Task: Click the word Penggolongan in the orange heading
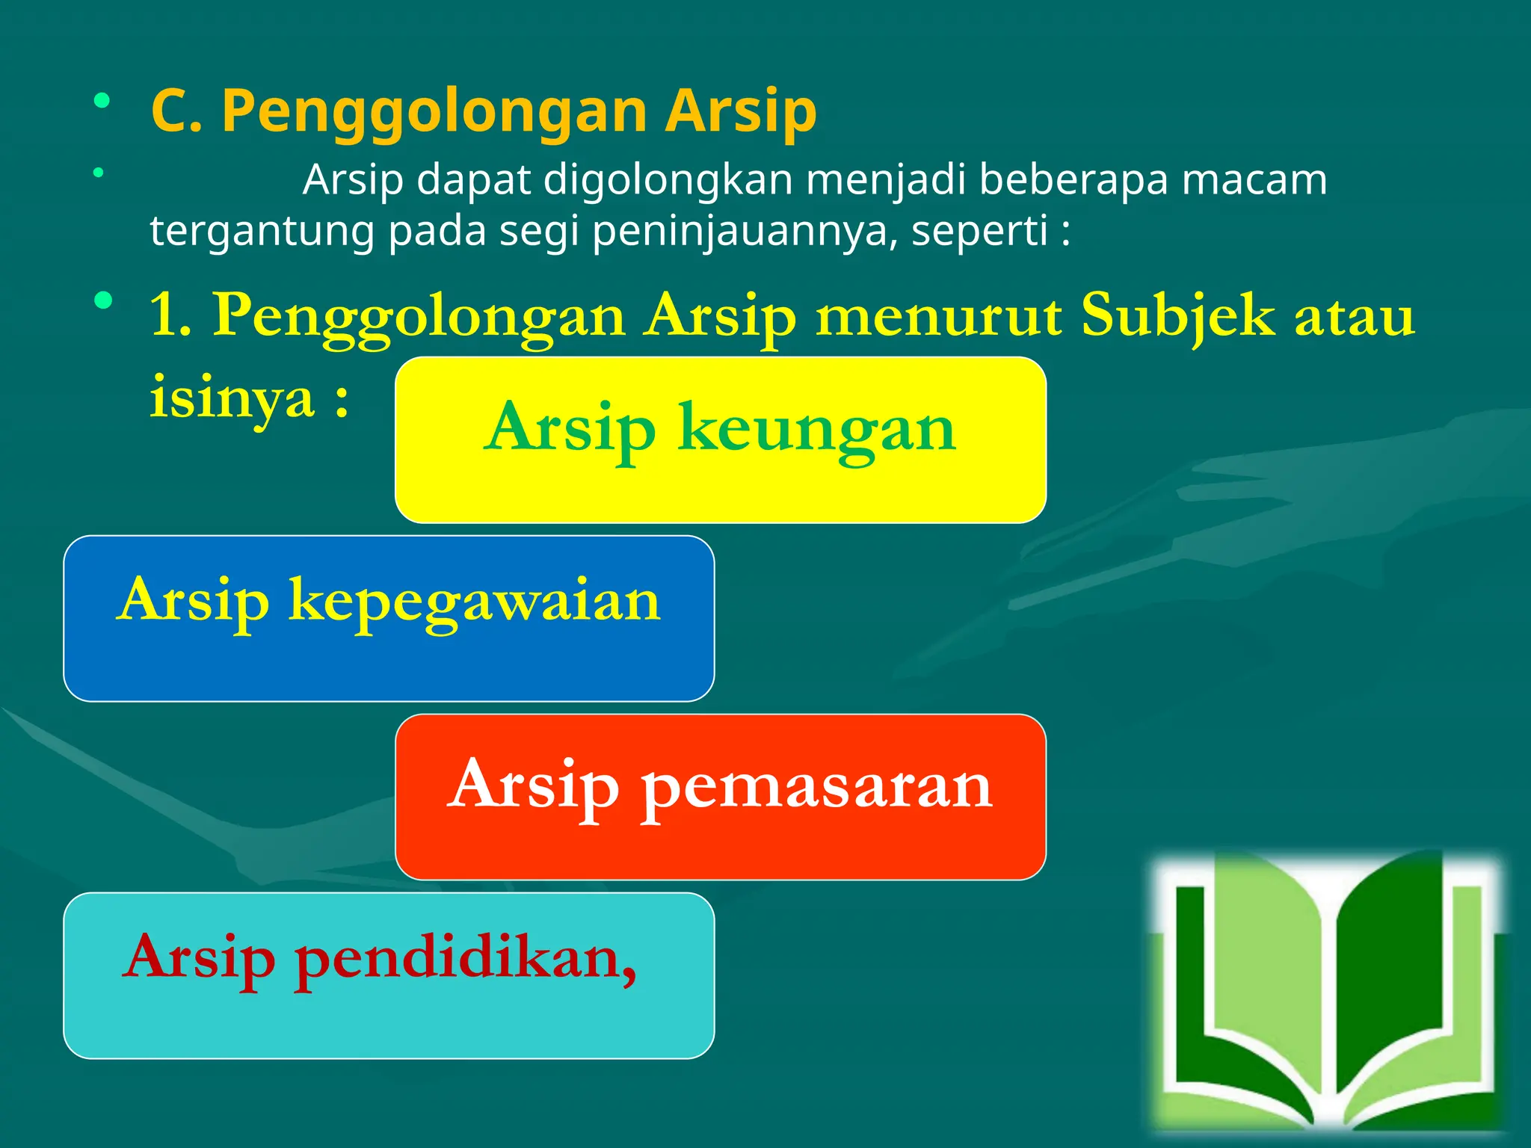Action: pyautogui.click(x=434, y=112)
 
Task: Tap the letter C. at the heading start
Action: pyautogui.click(x=176, y=112)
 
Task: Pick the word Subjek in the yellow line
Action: pyautogui.click(x=1177, y=316)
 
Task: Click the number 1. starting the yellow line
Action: pyautogui.click(x=170, y=316)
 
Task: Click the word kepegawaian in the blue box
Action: pyautogui.click(x=475, y=602)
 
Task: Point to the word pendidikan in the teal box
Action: pyautogui.click(x=463, y=958)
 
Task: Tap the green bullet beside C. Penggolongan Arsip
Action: pyautogui.click(x=102, y=100)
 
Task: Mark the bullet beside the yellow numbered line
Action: pyautogui.click(x=103, y=301)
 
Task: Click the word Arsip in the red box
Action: pyautogui.click(x=535, y=785)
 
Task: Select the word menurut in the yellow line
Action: pyautogui.click(x=937, y=316)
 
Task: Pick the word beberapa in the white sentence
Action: pyautogui.click(x=1073, y=180)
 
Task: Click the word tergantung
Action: pyautogui.click(x=262, y=232)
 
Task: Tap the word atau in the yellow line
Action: pyautogui.click(x=1354, y=316)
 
